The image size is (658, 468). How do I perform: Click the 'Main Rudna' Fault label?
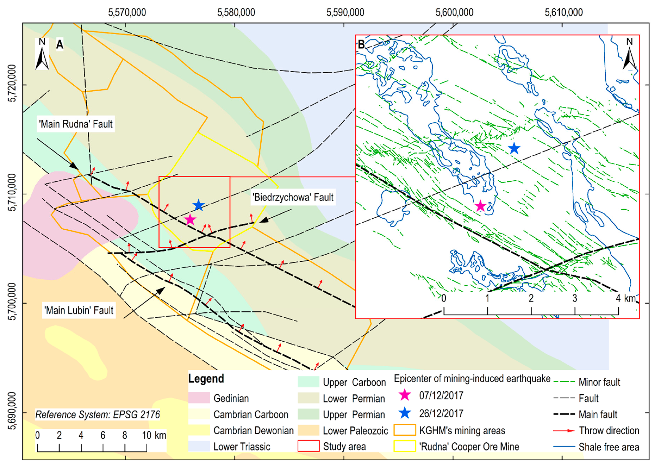76,124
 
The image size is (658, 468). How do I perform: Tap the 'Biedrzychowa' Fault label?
293,197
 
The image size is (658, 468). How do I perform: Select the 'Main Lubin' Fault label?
79,310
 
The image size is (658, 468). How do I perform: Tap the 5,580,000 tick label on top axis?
236,12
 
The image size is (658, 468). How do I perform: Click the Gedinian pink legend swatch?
199,398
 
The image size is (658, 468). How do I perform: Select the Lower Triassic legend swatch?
199,446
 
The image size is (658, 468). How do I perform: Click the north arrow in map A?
42,55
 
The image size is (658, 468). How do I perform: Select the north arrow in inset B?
629,55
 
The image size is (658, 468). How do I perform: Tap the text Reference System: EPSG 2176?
97,414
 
